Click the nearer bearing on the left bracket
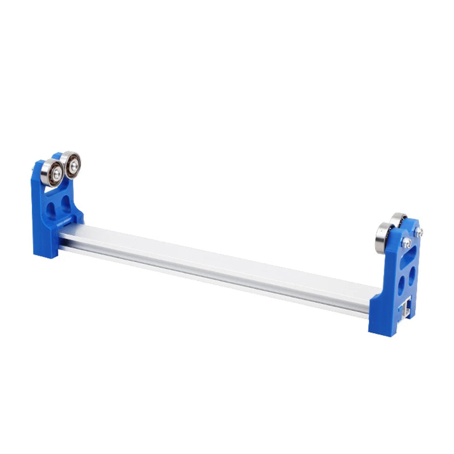click(51, 172)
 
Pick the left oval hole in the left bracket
click(51, 209)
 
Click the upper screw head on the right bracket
click(419, 232)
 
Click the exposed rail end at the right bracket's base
click(405, 309)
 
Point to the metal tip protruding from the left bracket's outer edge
click(33, 170)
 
